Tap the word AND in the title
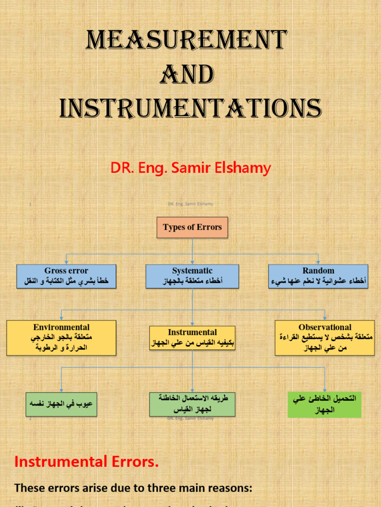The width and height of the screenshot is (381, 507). (x=187, y=75)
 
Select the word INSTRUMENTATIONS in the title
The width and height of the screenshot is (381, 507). (x=190, y=108)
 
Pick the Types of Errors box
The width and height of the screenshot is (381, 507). (x=192, y=228)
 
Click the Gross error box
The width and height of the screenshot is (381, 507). (x=66, y=276)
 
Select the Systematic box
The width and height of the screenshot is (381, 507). (x=192, y=276)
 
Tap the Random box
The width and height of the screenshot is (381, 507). (x=318, y=276)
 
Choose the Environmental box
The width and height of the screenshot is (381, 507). (x=61, y=337)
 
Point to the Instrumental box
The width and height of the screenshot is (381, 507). (x=192, y=337)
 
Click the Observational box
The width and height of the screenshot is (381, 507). (x=324, y=337)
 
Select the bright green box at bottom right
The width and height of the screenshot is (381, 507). (x=324, y=404)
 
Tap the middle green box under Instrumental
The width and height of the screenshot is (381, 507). (x=192, y=404)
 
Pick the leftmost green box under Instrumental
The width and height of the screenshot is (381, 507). (x=61, y=404)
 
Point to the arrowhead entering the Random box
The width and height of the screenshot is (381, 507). (x=318, y=262)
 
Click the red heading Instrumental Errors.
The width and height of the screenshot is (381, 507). (x=87, y=462)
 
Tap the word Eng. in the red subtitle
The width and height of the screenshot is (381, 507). (x=151, y=168)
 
